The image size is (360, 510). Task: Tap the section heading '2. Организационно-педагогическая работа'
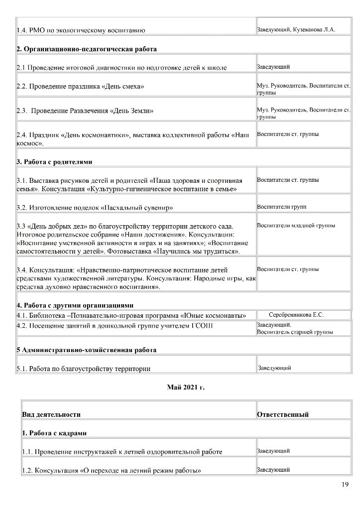click(87, 49)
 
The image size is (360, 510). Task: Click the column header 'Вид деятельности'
click(51, 414)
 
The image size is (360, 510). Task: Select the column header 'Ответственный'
click(282, 414)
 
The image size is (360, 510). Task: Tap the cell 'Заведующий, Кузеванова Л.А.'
click(296, 30)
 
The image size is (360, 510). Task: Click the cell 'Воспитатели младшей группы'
click(296, 226)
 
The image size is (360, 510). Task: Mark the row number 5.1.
click(22, 369)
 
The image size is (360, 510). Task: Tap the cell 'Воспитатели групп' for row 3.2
click(281, 207)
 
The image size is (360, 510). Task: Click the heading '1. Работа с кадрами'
click(54, 433)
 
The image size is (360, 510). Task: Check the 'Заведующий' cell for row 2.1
click(273, 67)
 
